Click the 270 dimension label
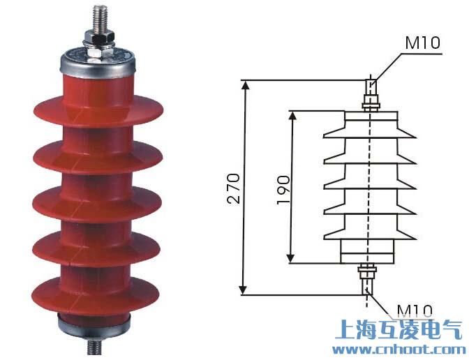click(x=234, y=187)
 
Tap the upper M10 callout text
click(x=423, y=43)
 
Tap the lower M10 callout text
click(x=415, y=309)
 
